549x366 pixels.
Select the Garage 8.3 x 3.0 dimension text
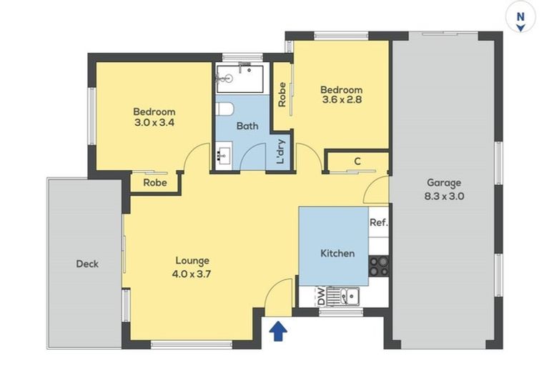445,194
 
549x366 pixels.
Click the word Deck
87,264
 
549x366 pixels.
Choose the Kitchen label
337,253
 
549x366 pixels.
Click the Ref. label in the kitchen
378,222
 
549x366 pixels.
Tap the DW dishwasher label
320,295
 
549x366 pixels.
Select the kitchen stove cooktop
378,266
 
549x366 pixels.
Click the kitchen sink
350,295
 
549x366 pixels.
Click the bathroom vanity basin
223,154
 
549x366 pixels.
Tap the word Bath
247,127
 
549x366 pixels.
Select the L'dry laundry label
282,152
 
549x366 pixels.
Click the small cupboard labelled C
357,162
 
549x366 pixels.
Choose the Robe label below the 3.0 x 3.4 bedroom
154,183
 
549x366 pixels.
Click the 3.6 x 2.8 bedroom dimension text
341,101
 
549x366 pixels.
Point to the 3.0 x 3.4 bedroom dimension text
154,122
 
